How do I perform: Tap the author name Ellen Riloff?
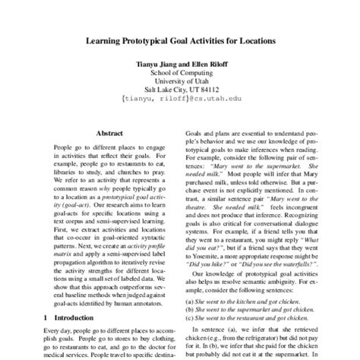pyautogui.click(x=204, y=64)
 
